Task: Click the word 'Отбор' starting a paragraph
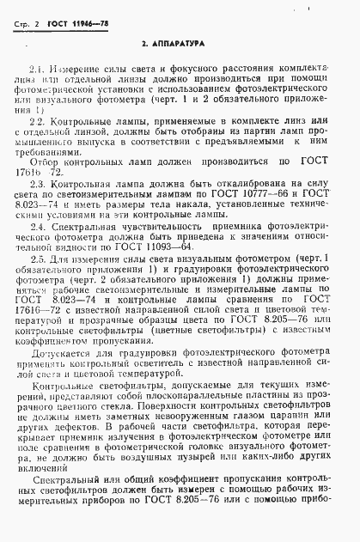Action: (x=45, y=161)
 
